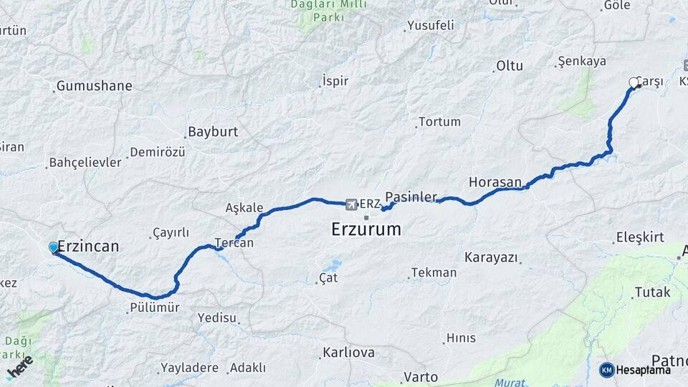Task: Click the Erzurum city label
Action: [366, 230]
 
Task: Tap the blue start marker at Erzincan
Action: [54, 248]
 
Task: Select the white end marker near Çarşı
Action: [634, 83]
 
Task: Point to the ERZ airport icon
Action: [351, 204]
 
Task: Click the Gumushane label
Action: [94, 86]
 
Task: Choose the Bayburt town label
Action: [212, 133]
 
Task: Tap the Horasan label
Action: [494, 182]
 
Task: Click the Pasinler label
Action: [411, 196]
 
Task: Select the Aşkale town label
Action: [244, 208]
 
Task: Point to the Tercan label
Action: [234, 243]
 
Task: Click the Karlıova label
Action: [348, 353]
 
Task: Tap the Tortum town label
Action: [439, 122]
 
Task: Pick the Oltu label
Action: [510, 66]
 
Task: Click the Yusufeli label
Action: [430, 26]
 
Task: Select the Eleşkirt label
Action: [640, 237]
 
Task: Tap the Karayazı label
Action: [491, 257]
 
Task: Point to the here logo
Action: [19, 368]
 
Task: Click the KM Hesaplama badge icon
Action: [606, 370]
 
